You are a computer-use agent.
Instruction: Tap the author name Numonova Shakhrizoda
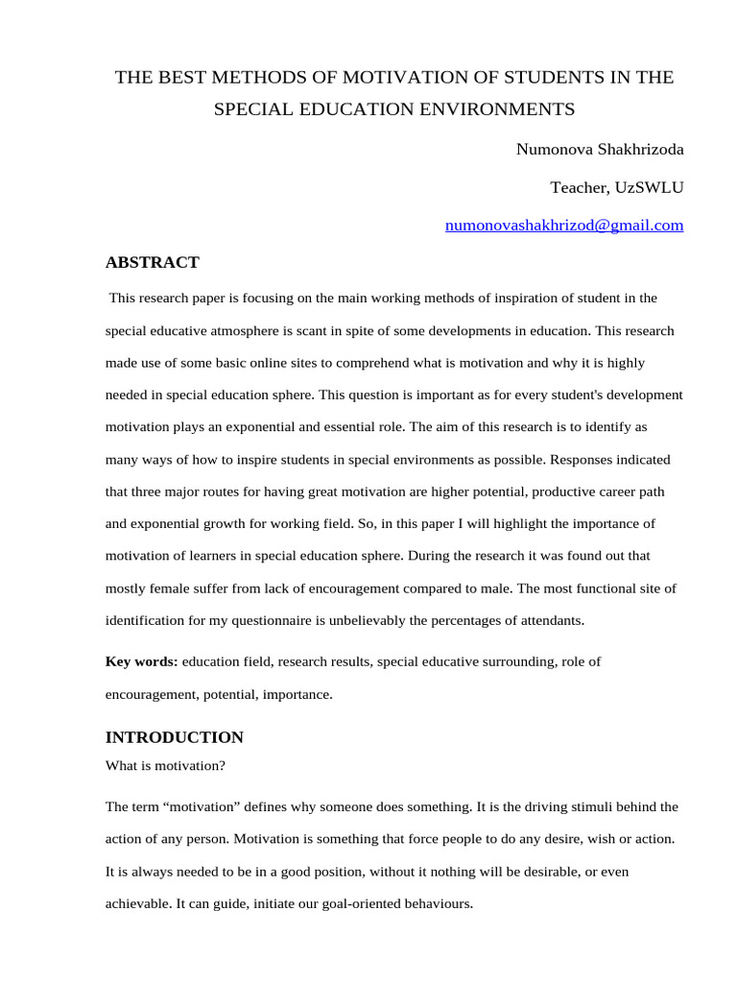tap(600, 149)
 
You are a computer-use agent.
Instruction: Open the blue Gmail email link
tap(564, 226)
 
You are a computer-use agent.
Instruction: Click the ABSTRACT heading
tap(152, 262)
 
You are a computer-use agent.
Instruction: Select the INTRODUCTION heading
tap(174, 737)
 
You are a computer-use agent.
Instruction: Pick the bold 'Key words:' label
tap(141, 661)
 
